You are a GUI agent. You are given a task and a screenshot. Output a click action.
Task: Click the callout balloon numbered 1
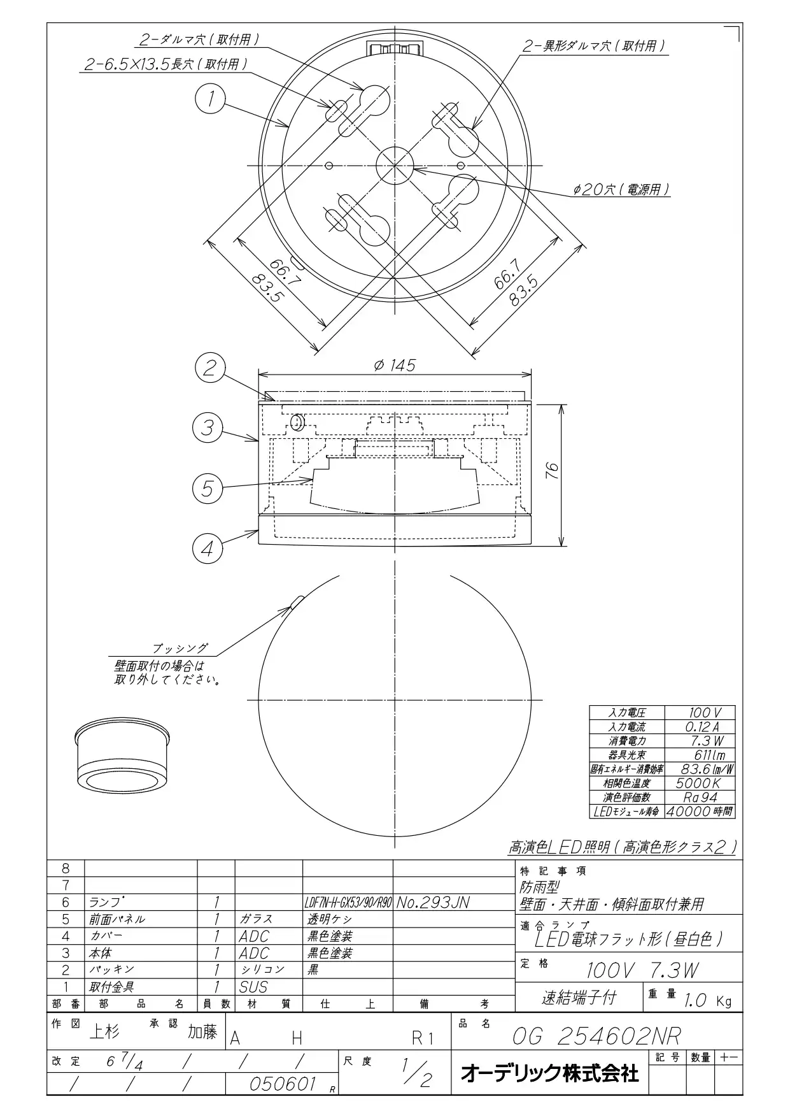tap(210, 99)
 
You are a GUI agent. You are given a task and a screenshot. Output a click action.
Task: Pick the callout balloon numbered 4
tap(208, 548)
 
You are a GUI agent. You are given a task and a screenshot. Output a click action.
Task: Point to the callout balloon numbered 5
tap(208, 489)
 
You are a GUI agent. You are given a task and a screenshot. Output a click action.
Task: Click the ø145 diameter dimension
tap(394, 365)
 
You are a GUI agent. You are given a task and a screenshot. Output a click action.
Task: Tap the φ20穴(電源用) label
tap(621, 190)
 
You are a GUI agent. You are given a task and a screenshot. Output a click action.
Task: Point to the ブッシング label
tap(180, 649)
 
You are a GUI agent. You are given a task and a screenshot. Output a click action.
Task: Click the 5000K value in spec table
tap(698, 783)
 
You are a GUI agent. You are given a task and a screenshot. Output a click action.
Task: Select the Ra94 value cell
tap(700, 797)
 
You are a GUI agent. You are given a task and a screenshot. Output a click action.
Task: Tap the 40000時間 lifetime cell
tap(700, 812)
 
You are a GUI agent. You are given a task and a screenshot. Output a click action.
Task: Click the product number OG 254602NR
tap(596, 1036)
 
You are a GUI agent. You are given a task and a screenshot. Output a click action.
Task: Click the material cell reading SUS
tap(253, 987)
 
